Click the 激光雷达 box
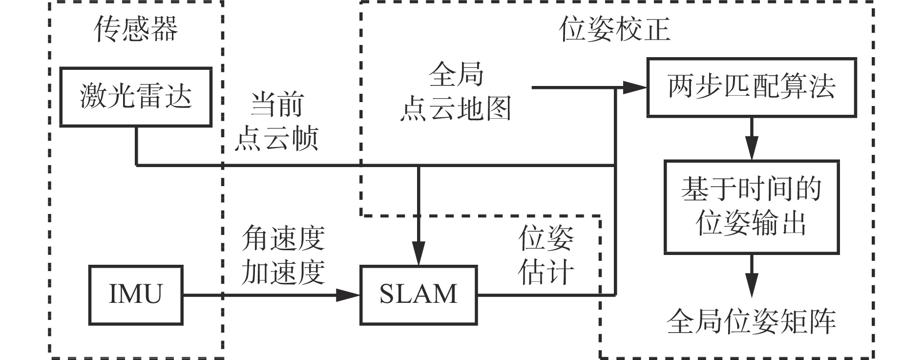[136, 97]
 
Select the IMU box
[135, 295]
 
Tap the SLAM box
[419, 295]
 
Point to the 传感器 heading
[136, 29]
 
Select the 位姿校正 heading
[614, 29]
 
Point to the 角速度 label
[284, 238]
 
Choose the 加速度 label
[284, 271]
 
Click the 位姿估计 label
[546, 255]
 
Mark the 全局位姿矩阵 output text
[751, 321]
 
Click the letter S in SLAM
[388, 295]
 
